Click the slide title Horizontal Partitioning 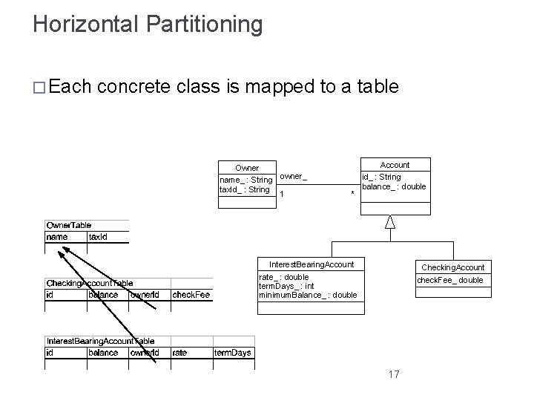[x=148, y=25]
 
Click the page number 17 [x=393, y=374]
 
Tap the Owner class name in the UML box [x=247, y=168]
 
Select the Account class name [x=395, y=165]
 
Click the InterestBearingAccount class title [x=311, y=264]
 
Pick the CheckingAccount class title [x=452, y=267]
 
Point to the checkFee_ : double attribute [x=449, y=280]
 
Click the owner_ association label [x=293, y=177]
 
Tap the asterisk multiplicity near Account [x=352, y=194]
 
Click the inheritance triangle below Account [x=390, y=221]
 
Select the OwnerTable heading [x=69, y=225]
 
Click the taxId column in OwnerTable [x=98, y=237]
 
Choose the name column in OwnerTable [x=56, y=237]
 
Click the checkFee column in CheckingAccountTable [x=191, y=295]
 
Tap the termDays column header [x=232, y=353]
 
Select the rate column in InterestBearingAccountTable [x=179, y=353]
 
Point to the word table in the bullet [x=378, y=87]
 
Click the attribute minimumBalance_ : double [x=307, y=295]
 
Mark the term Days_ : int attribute [x=286, y=286]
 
